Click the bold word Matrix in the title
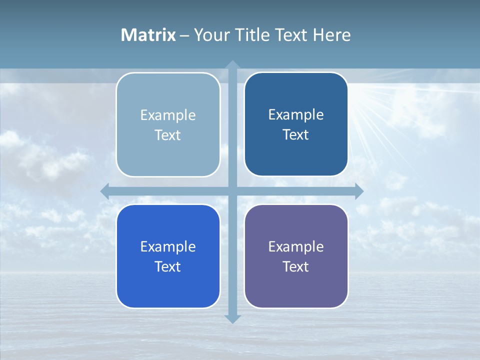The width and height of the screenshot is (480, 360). [x=148, y=35]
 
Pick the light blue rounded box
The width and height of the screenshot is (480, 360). [x=168, y=125]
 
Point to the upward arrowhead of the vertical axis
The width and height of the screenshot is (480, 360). [x=232, y=65]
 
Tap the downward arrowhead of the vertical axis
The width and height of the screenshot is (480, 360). [x=232, y=318]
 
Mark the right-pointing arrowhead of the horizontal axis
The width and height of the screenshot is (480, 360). [x=358, y=191]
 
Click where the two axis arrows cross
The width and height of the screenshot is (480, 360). [x=232, y=191]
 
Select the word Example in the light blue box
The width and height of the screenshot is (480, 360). [x=168, y=115]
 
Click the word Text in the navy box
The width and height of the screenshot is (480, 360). [x=296, y=135]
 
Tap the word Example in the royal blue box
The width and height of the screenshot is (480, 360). [x=168, y=247]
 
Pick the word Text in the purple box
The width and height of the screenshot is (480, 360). [x=296, y=267]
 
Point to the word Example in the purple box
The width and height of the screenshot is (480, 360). [x=296, y=247]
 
